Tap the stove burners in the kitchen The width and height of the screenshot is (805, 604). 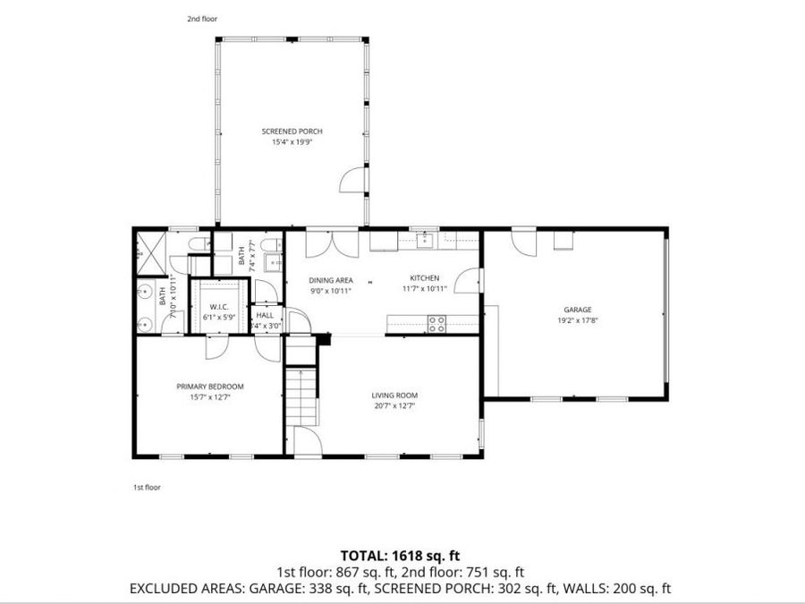click(437, 324)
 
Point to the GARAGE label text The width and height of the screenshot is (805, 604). click(577, 310)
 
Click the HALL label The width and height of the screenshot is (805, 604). click(266, 316)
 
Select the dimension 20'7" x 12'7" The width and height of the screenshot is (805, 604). click(394, 405)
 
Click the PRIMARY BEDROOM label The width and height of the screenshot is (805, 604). click(209, 387)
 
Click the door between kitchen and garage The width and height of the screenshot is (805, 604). click(466, 282)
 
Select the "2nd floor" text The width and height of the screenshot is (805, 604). click(202, 19)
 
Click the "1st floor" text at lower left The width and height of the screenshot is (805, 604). click(147, 488)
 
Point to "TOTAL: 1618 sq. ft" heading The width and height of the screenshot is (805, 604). click(400, 556)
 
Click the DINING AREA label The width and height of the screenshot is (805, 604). click(331, 280)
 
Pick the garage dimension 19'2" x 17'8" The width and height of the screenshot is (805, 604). click(577, 319)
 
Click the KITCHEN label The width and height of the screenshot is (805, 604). click(424, 278)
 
